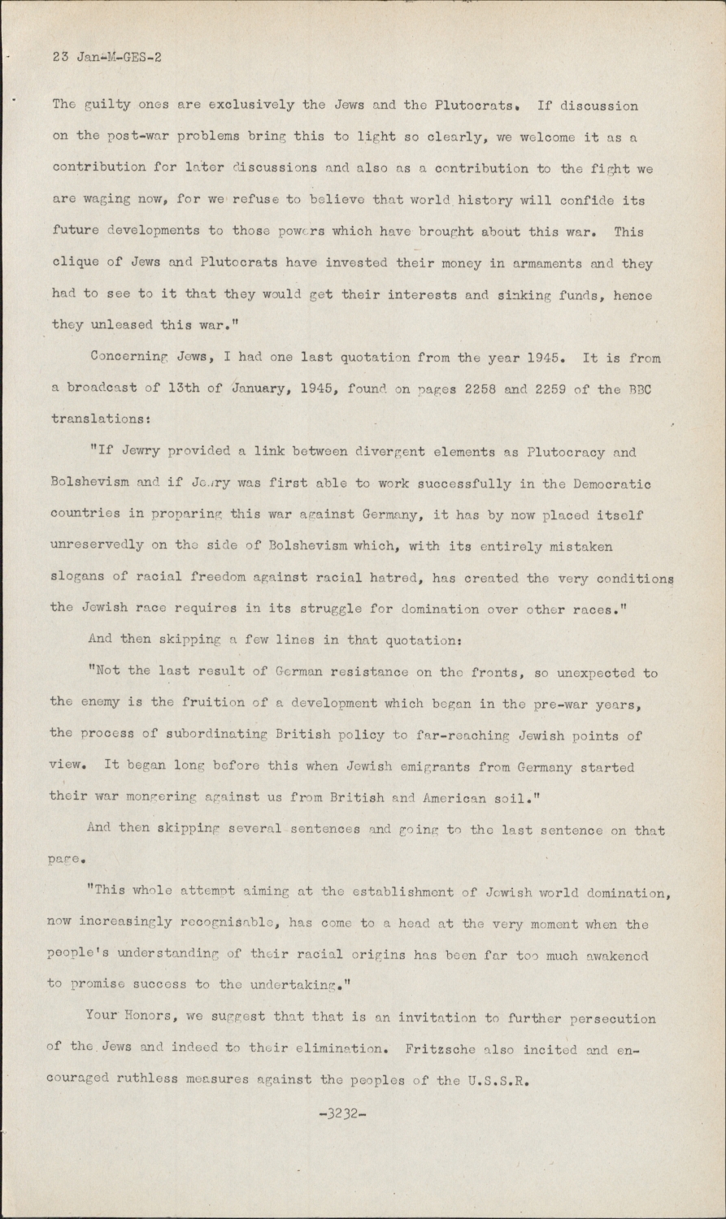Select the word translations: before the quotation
point(95,421)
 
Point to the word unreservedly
point(98,547)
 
